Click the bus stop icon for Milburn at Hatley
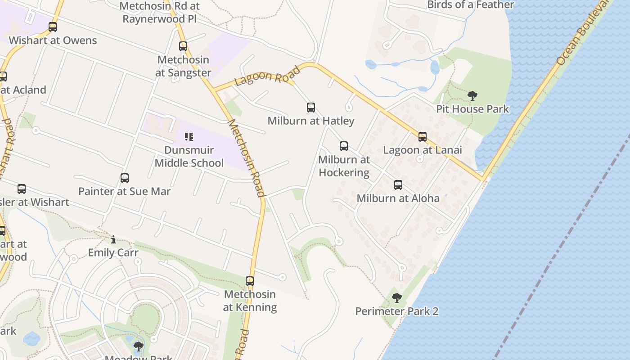pos(310,108)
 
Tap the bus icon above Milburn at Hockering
pos(343,146)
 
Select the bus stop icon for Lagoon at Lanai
pos(422,137)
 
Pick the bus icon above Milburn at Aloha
pos(398,185)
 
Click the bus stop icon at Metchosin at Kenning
pos(250,281)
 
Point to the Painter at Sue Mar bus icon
pos(125,178)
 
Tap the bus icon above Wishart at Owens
pos(53,27)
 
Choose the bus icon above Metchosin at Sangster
pos(183,46)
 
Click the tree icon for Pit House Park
pos(472,95)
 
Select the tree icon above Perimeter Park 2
pos(396,297)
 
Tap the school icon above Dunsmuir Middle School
pos(189,136)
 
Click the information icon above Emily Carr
pos(113,239)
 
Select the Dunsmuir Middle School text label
pos(189,157)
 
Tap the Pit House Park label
pos(472,109)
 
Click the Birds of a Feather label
pos(470,5)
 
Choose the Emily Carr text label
pos(113,252)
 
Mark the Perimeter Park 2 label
pos(396,311)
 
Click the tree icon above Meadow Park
pos(139,346)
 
